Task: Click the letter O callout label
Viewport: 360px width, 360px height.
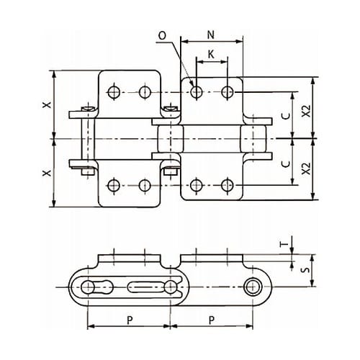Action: point(162,36)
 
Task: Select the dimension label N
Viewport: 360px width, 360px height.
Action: point(210,35)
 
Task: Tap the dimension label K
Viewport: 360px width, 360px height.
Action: point(211,55)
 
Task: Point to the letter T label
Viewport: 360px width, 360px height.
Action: point(284,244)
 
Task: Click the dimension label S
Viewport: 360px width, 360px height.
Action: point(305,270)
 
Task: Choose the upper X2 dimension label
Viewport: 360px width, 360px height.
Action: point(306,111)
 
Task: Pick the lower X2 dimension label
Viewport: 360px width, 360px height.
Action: point(306,168)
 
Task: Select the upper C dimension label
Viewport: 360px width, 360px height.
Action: point(286,116)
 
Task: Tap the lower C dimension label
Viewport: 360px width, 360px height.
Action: point(286,164)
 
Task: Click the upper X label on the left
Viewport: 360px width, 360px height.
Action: point(47,104)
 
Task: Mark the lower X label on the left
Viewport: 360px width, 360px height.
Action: point(47,173)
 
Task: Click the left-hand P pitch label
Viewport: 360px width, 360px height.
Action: point(130,320)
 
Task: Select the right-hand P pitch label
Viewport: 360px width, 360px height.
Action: point(212,320)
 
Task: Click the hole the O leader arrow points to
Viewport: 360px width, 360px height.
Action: point(197,91)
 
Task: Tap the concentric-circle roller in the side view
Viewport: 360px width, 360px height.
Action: point(252,287)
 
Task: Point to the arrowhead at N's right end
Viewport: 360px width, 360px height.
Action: point(239,42)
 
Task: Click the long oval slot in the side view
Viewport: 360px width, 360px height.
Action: point(145,287)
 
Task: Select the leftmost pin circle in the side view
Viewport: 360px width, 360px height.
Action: point(88,287)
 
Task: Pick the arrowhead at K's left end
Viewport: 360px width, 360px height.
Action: point(199,62)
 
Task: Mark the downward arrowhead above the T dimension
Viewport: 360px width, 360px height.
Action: point(292,250)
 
